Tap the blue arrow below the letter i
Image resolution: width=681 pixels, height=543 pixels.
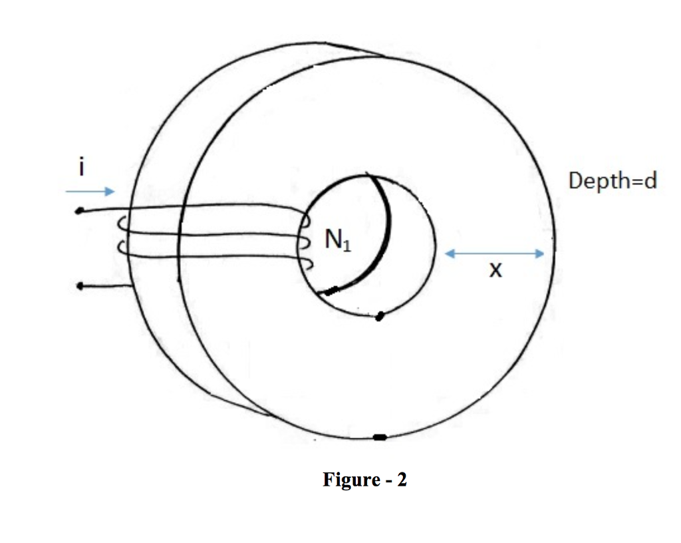(90, 192)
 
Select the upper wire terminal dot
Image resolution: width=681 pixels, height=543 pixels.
(79, 212)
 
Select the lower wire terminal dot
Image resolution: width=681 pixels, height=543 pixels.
(79, 287)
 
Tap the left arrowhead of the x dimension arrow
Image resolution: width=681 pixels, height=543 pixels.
(448, 253)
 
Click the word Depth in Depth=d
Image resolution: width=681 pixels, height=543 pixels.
(596, 180)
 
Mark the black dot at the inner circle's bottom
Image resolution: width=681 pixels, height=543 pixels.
(379, 315)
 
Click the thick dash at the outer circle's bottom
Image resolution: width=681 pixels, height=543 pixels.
(380, 437)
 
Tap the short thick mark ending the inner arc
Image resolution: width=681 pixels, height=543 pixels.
(331, 290)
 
